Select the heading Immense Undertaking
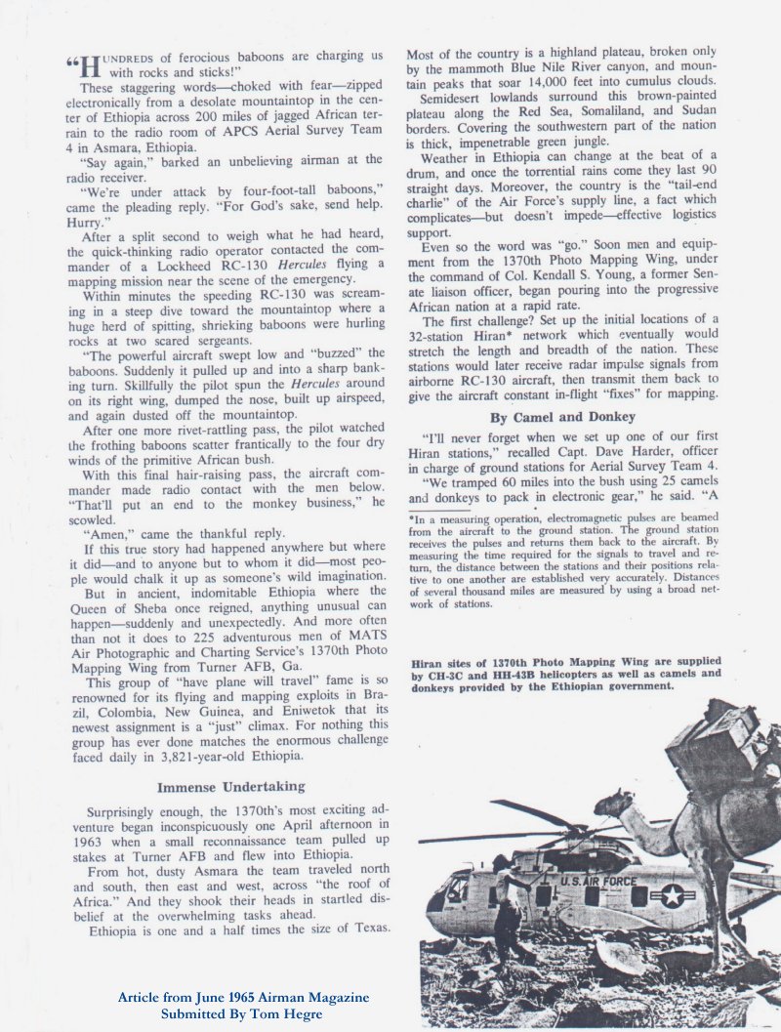pos(231,786)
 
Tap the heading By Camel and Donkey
pos(562,417)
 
